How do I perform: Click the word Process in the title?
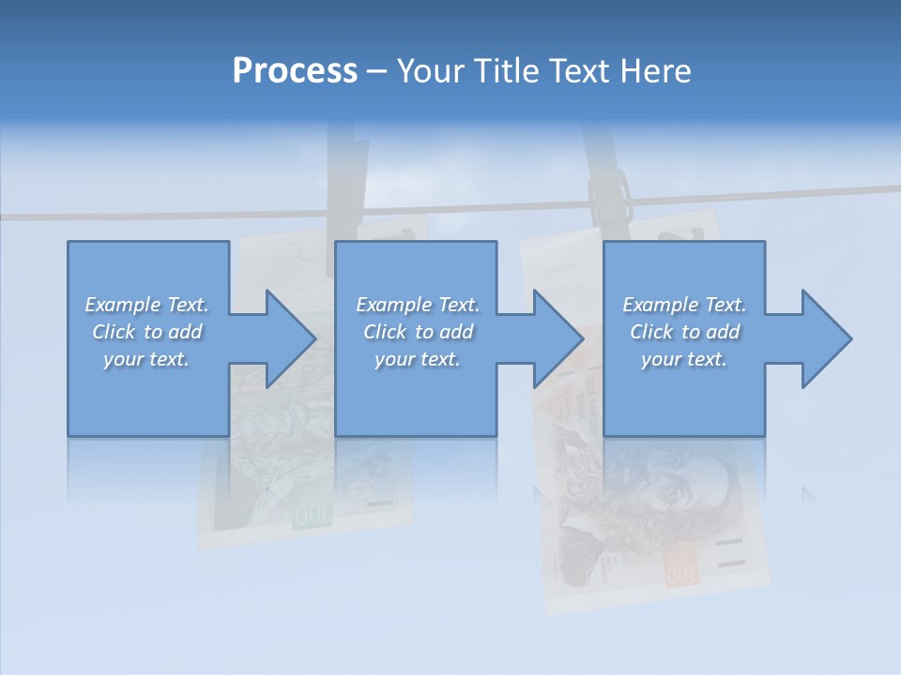click(x=295, y=71)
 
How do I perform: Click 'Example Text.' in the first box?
click(x=147, y=305)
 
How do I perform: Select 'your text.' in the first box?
click(x=147, y=359)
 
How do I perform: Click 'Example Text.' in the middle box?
click(x=418, y=305)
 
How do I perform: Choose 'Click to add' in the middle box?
click(x=418, y=332)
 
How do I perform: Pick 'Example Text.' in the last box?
click(x=684, y=305)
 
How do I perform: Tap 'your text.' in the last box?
click(x=684, y=359)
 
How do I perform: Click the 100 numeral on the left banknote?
click(x=311, y=515)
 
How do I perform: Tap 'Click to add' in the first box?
click(x=147, y=332)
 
